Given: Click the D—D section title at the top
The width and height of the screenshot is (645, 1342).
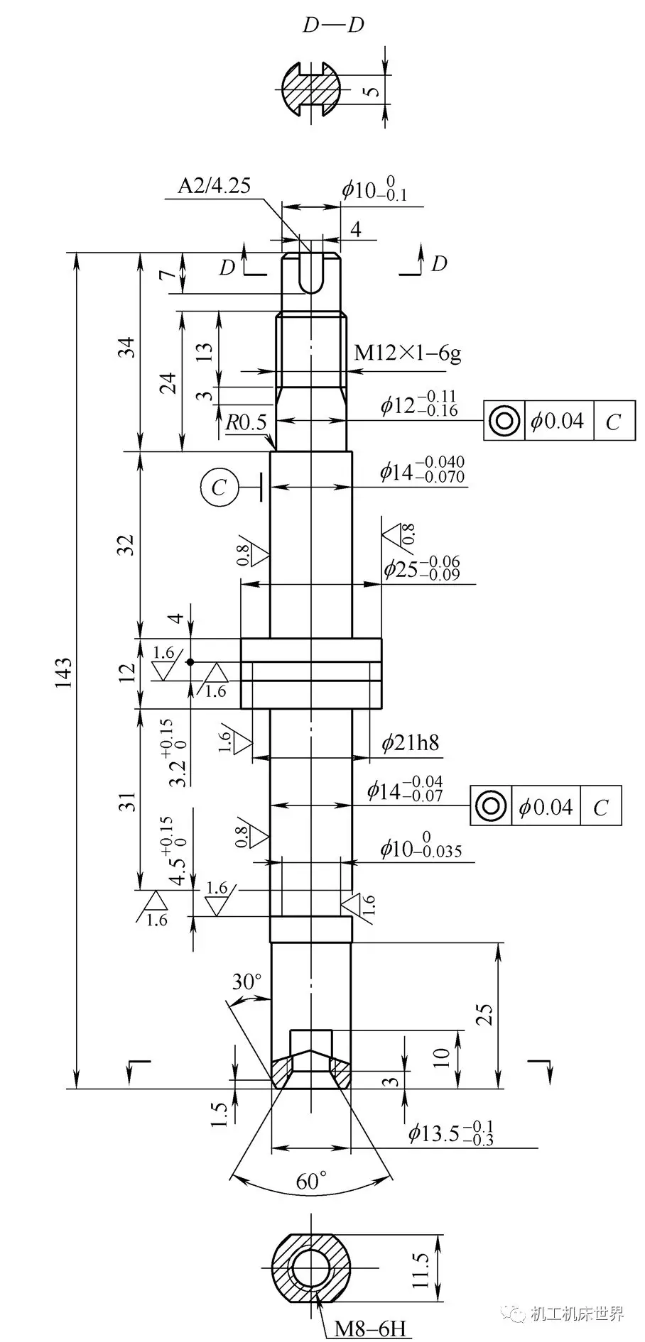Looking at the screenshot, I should pyautogui.click(x=333, y=26).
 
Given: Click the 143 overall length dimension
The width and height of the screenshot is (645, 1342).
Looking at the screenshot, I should pyautogui.click(x=63, y=671).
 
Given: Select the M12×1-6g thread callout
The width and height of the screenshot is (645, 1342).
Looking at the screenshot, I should pyautogui.click(x=407, y=353).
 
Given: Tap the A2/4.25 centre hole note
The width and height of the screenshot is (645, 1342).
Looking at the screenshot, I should pyautogui.click(x=214, y=186).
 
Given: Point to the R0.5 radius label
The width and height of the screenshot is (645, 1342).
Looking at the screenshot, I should pyautogui.click(x=246, y=424).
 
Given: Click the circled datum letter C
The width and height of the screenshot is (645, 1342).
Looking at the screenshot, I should pyautogui.click(x=218, y=487).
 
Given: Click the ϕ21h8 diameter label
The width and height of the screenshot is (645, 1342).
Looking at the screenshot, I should pyautogui.click(x=410, y=743).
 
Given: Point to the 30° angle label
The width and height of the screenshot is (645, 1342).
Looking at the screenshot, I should pyautogui.click(x=246, y=982).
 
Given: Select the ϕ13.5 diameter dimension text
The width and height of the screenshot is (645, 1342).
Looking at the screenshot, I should pyautogui.click(x=450, y=1133).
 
